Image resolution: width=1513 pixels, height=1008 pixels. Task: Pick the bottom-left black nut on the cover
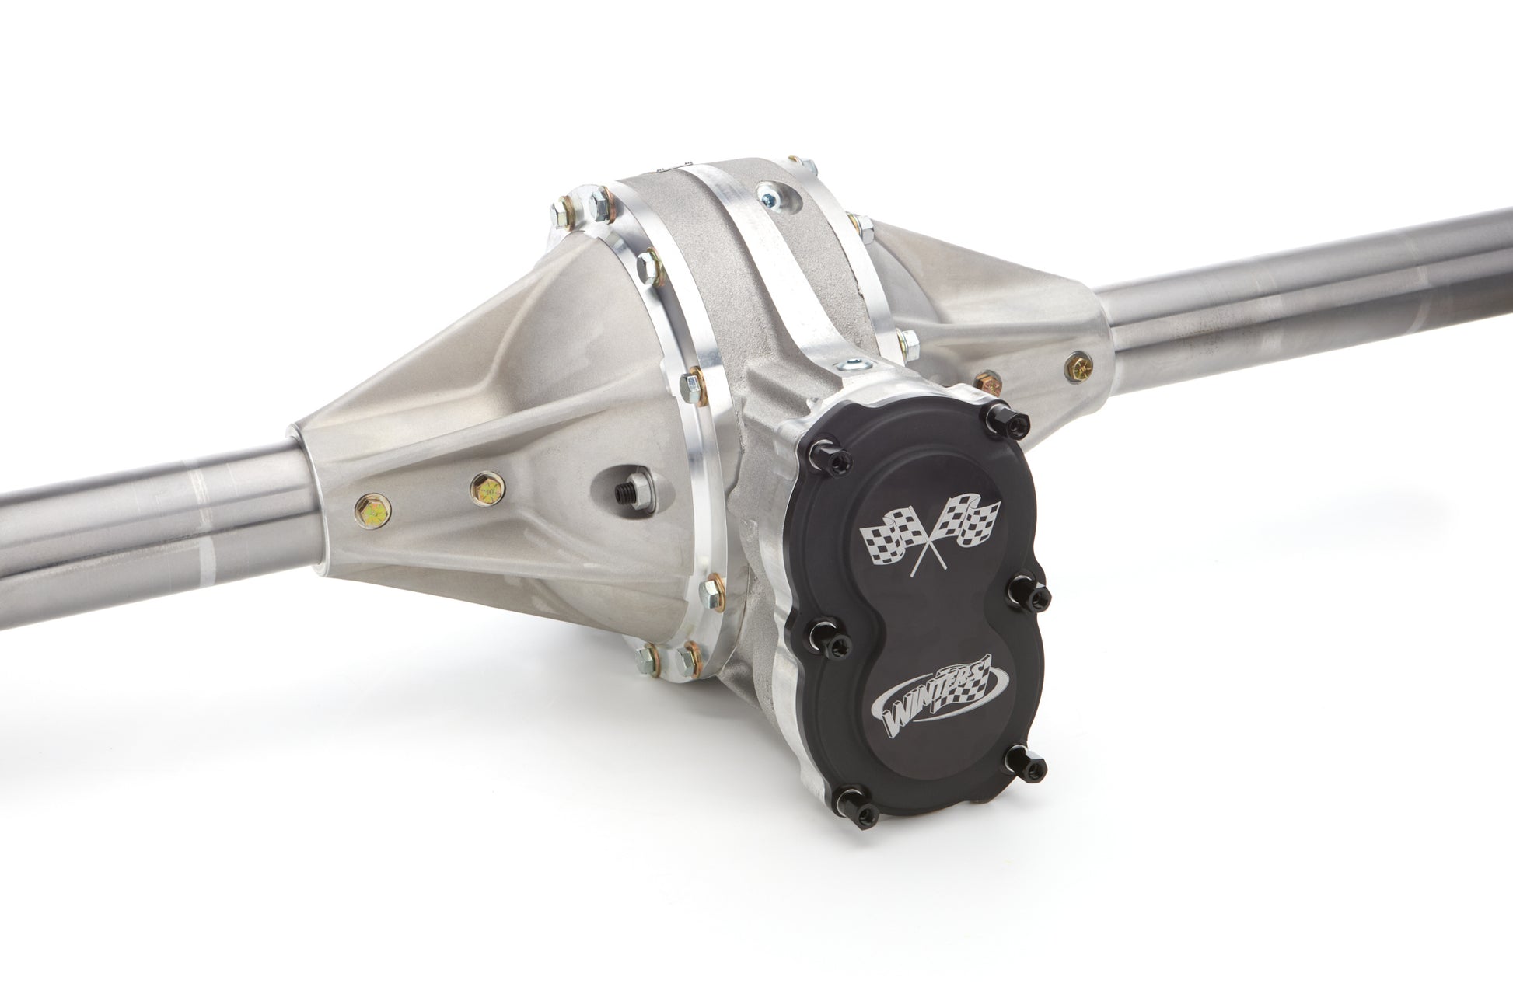click(864, 811)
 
